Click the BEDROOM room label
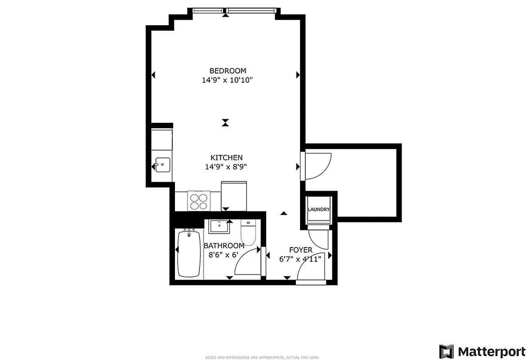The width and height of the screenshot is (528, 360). point(228,71)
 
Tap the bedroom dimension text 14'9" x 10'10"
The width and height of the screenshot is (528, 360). point(228,81)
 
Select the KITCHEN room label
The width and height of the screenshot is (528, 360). point(226,157)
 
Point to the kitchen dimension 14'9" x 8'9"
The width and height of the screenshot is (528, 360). point(226,167)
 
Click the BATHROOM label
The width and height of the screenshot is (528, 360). point(224,246)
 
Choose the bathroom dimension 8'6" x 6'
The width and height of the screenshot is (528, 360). point(223,255)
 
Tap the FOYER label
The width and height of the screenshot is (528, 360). point(300,250)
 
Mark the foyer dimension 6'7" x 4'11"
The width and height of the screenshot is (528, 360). point(300,259)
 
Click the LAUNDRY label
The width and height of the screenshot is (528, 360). point(319,210)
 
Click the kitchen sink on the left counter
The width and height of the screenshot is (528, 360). point(162,165)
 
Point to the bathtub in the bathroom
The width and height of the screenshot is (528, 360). point(189,254)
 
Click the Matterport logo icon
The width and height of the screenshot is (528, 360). point(447,351)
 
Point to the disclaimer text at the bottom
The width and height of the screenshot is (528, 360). point(262,358)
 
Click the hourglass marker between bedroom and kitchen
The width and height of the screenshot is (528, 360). point(225,122)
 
